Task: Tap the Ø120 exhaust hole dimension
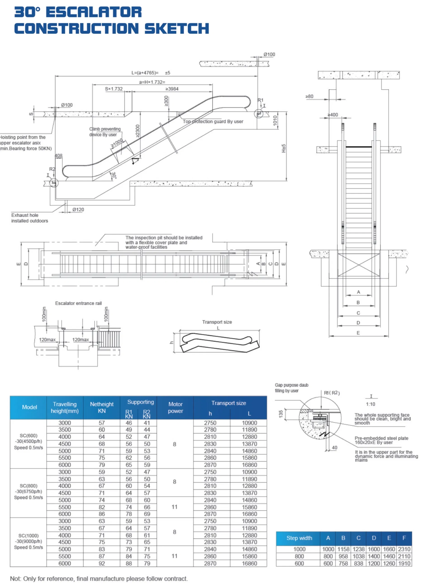click(x=78, y=210)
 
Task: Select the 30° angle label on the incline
click(x=114, y=175)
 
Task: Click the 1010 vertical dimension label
click(x=275, y=120)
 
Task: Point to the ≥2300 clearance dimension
click(x=138, y=131)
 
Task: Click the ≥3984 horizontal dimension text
click(x=172, y=89)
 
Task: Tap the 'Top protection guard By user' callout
click(x=213, y=122)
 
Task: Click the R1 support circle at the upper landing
click(x=259, y=114)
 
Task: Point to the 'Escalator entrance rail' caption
click(x=78, y=303)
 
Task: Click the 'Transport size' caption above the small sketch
click(x=217, y=322)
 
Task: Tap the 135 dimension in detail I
click(x=281, y=414)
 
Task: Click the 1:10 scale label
click(x=370, y=404)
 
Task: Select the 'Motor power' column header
click(x=175, y=407)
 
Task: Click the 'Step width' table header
click(x=299, y=538)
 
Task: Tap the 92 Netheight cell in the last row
click(x=102, y=563)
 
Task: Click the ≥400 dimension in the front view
click(x=333, y=115)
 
